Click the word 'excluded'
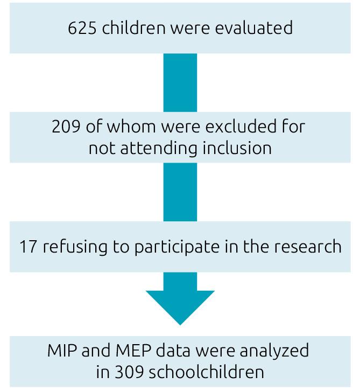pos(244,128)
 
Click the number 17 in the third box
pos(27,247)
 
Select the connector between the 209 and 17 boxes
pos(180,191)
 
